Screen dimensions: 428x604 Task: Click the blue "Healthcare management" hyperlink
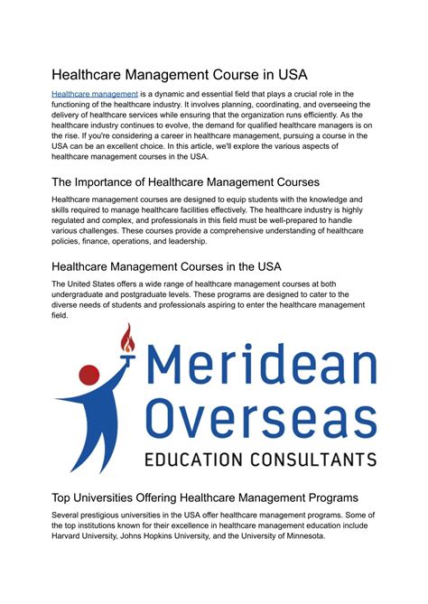[x=95, y=94]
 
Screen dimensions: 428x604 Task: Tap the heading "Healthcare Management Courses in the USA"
[x=166, y=266]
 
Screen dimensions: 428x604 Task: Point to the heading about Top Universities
[x=205, y=497]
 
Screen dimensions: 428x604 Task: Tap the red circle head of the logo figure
[x=89, y=374]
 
